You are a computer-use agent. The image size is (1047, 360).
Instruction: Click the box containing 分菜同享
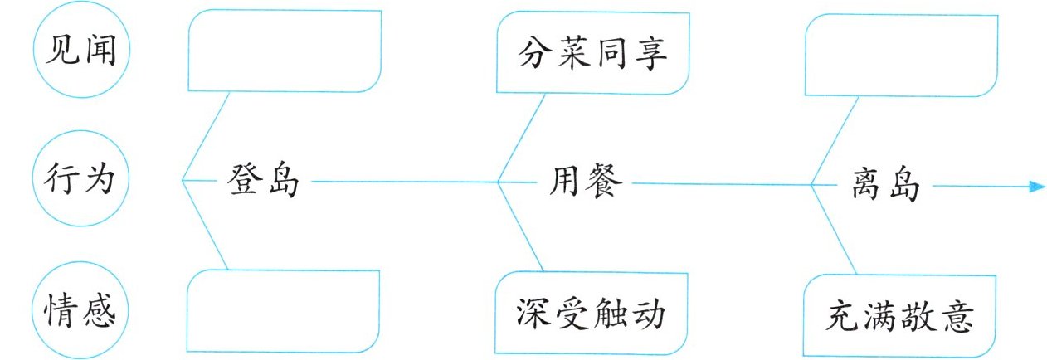pyautogui.click(x=592, y=53)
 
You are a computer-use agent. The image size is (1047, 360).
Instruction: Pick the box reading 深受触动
pyautogui.click(x=592, y=314)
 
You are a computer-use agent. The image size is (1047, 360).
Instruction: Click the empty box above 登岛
pyautogui.click(x=285, y=51)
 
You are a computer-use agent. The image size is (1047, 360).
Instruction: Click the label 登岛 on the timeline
pyautogui.click(x=262, y=182)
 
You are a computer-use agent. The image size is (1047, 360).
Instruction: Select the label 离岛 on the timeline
pyautogui.click(x=885, y=184)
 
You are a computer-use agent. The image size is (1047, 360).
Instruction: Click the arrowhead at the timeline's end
pyautogui.click(x=1035, y=187)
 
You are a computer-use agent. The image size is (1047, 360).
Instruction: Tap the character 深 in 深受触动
pyautogui.click(x=534, y=315)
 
